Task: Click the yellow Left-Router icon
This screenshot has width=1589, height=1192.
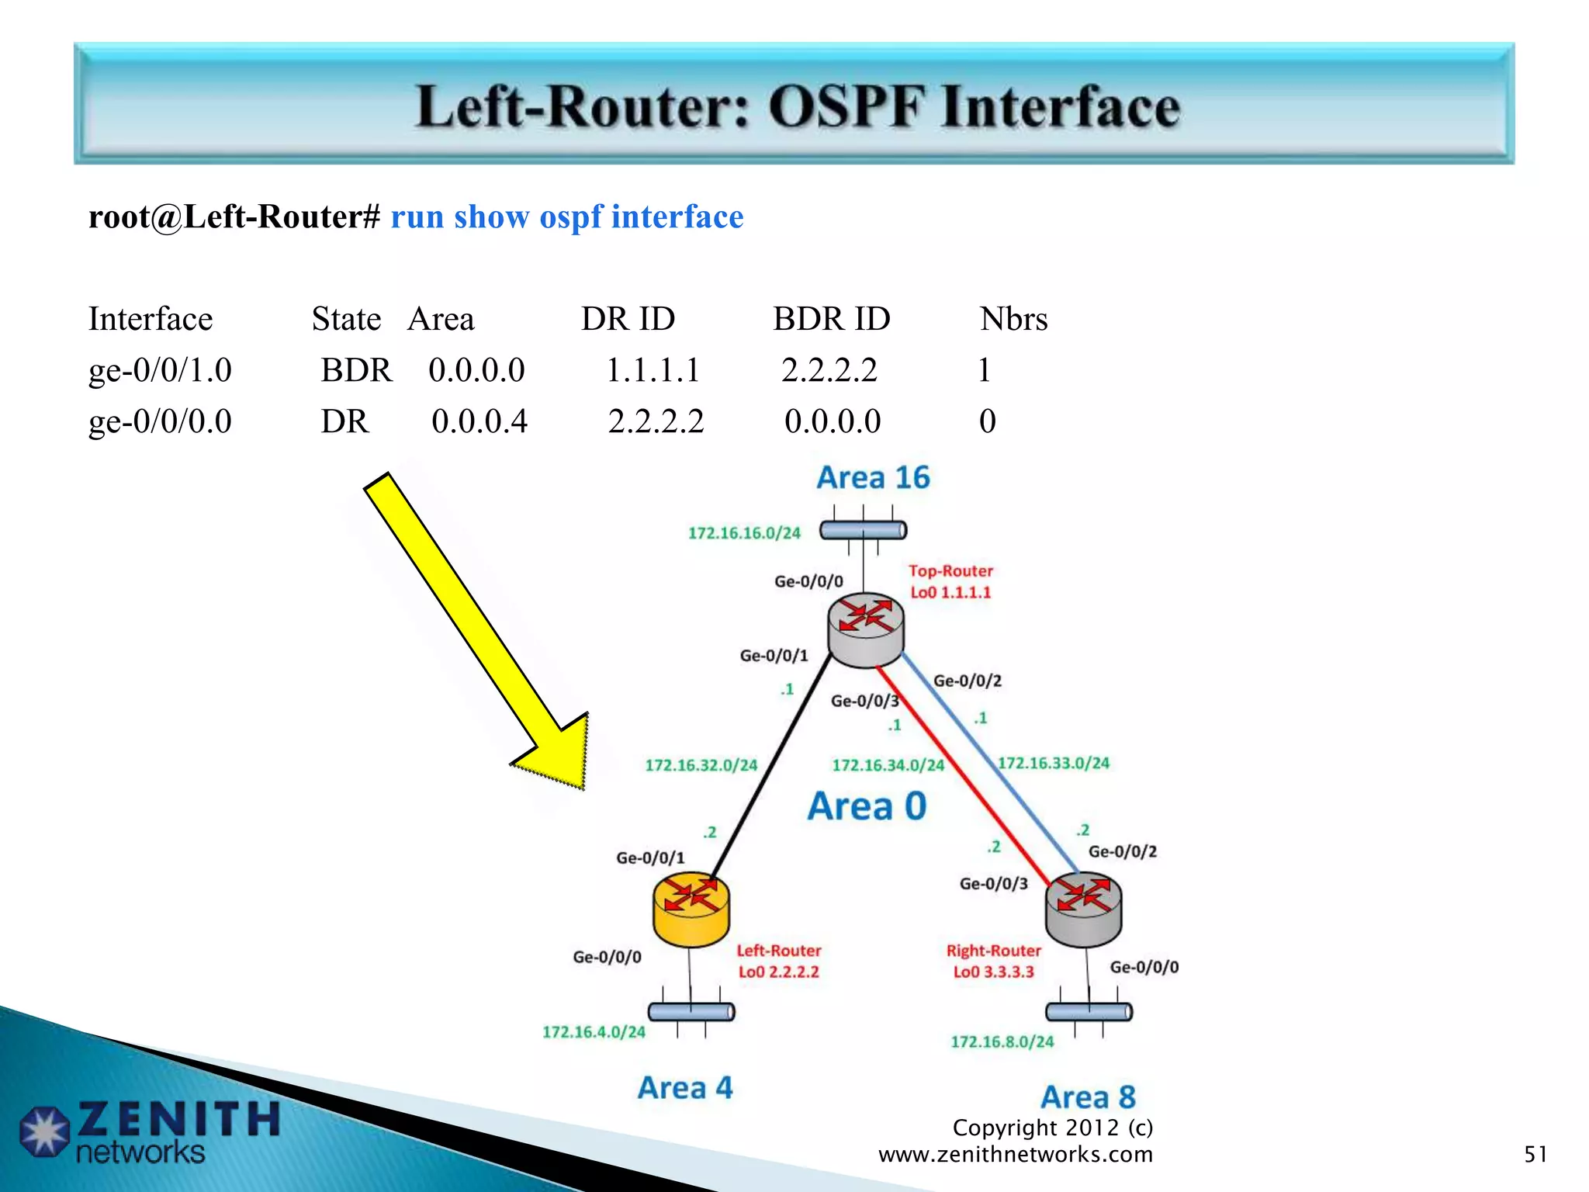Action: click(691, 910)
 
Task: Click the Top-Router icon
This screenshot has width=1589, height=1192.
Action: click(865, 629)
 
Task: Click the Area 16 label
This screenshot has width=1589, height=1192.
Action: click(873, 477)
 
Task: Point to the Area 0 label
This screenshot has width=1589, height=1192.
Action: click(867, 806)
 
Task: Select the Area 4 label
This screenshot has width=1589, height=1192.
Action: click(685, 1088)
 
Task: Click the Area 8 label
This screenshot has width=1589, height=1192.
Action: click(1088, 1097)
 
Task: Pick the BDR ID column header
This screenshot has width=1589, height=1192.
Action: click(831, 319)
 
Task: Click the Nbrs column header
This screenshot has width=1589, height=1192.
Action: click(1013, 319)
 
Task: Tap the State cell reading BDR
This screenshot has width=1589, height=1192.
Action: click(356, 370)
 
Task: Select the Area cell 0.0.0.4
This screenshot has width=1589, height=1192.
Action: click(479, 421)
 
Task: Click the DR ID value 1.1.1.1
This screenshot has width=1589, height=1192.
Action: click(653, 370)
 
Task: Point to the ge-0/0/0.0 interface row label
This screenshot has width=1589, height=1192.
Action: click(160, 421)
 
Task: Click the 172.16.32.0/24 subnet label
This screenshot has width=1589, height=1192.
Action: click(701, 765)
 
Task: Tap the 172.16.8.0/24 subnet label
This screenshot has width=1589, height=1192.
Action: click(1002, 1041)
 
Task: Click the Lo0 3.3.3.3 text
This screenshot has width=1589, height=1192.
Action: click(993, 972)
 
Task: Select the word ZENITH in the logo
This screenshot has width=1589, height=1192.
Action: click(178, 1119)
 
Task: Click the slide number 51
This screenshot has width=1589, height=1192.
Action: click(1535, 1154)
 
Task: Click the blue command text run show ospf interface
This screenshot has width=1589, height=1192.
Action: click(566, 217)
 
